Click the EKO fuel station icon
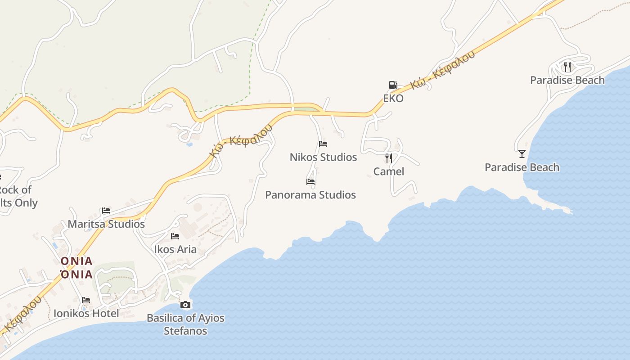[393, 85]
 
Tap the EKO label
[393, 98]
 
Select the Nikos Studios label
[323, 157]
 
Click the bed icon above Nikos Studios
[323, 144]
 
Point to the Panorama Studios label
[310, 195]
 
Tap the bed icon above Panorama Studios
[310, 182]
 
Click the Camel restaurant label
[389, 171]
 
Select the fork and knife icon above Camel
[389, 158]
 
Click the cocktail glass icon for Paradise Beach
[522, 154]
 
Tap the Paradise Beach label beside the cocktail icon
[522, 167]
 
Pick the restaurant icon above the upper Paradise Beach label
[567, 67]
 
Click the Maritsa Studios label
[106, 224]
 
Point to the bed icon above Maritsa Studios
[106, 210]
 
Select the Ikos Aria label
[175, 249]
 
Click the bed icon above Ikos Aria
[175, 236]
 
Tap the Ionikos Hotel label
[86, 313]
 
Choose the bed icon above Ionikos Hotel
[86, 300]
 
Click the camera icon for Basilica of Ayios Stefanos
[185, 305]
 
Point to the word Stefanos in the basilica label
[185, 331]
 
